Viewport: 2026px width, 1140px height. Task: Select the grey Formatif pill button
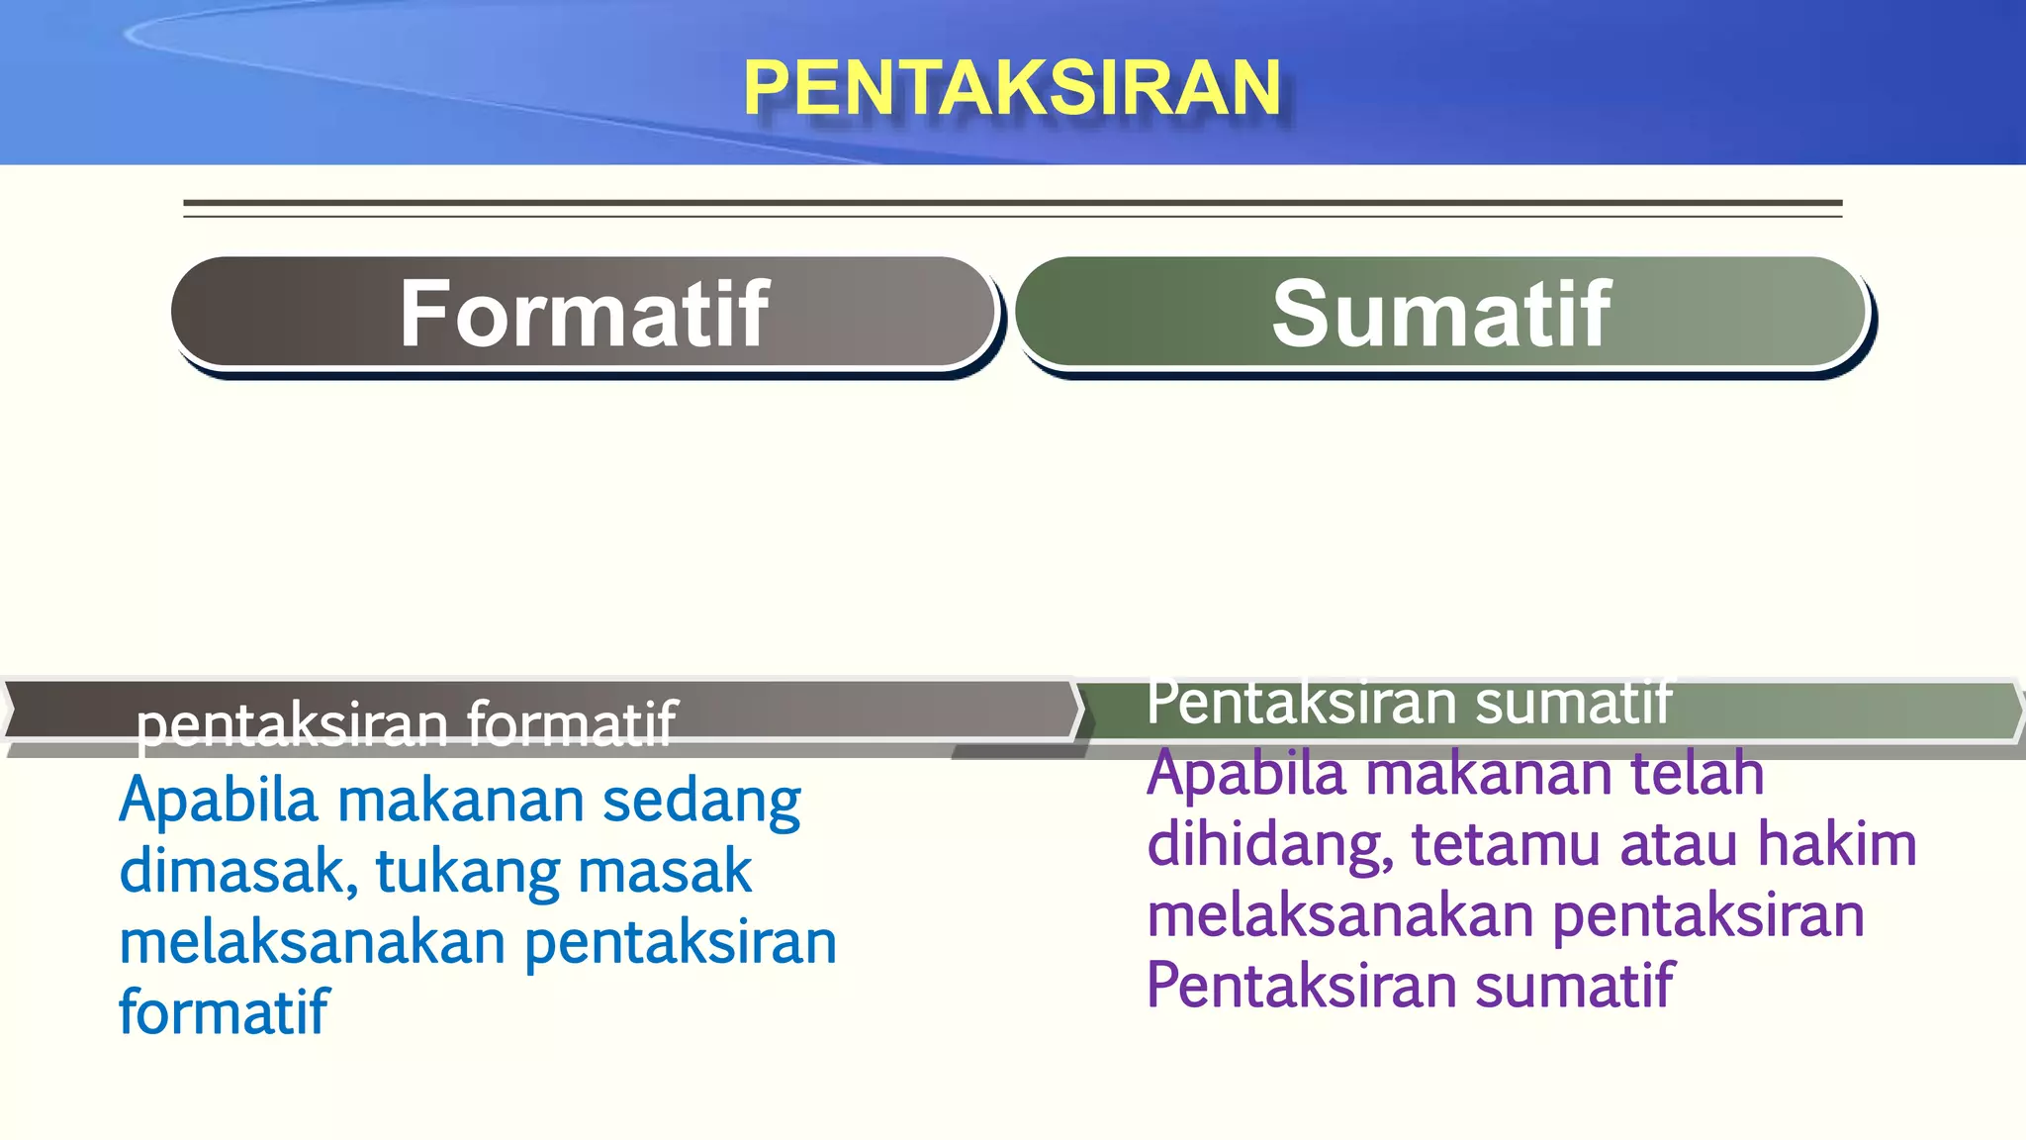click(x=584, y=314)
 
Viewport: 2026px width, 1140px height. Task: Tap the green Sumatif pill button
click(x=1441, y=314)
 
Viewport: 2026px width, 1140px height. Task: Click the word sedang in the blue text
click(x=701, y=802)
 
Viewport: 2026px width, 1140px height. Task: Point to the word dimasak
click(x=232, y=872)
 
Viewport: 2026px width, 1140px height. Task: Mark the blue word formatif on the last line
click(x=224, y=1012)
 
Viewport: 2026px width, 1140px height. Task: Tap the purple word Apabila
click(x=1246, y=773)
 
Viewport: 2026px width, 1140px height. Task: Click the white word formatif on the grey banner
click(x=571, y=723)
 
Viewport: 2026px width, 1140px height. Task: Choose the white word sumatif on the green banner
click(x=1573, y=702)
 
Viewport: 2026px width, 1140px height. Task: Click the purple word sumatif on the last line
click(x=1574, y=986)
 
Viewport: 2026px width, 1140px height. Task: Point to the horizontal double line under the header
click(x=1012, y=208)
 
